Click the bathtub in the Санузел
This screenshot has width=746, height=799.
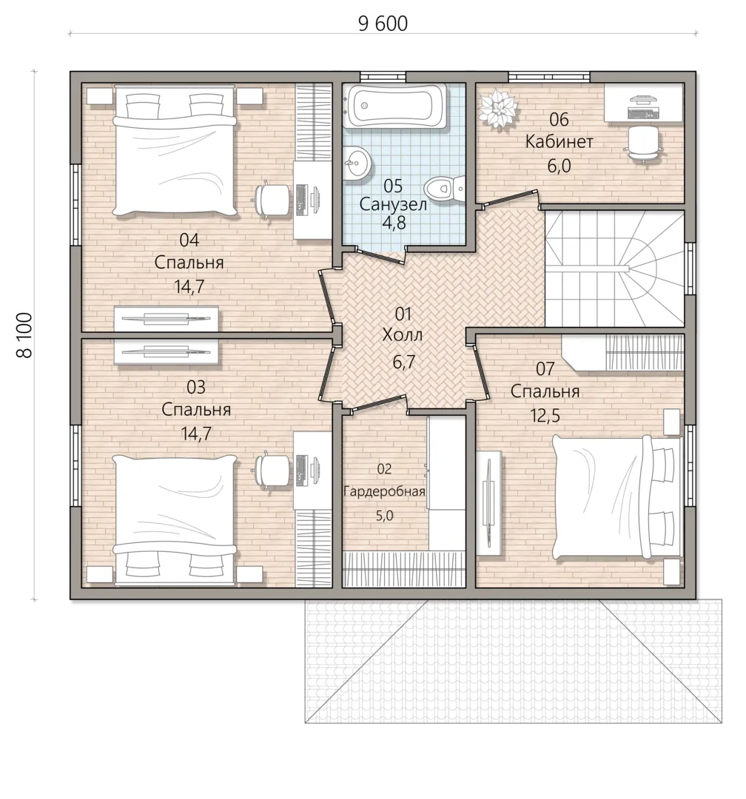(x=395, y=106)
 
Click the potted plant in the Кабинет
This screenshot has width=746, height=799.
(x=497, y=108)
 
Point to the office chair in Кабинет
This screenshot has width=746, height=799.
(x=642, y=144)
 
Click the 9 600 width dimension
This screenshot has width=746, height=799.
(x=383, y=24)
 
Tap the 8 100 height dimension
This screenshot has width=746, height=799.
(x=25, y=335)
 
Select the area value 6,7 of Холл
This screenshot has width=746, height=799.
(x=403, y=362)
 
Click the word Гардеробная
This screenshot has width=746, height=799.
(x=384, y=492)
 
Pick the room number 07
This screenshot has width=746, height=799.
(x=545, y=368)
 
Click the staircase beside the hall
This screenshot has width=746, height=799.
(x=614, y=268)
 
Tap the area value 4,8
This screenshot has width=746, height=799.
(x=394, y=223)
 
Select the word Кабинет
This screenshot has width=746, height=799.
(x=559, y=141)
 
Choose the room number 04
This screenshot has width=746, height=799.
(x=189, y=240)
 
